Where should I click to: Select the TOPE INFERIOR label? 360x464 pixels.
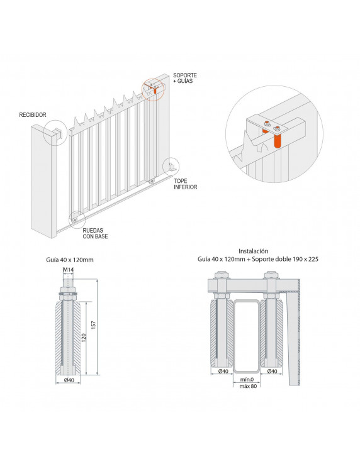point(186,184)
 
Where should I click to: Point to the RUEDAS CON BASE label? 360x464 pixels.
point(96,234)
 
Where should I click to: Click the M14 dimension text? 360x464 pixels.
point(67,270)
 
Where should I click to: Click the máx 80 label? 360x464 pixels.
point(249,387)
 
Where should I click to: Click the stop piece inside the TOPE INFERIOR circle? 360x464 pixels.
point(171,167)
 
